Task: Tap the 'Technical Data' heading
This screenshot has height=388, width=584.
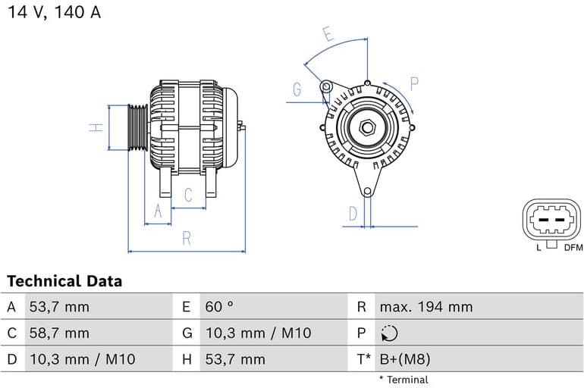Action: (64, 281)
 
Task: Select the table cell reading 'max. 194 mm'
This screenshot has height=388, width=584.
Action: (425, 307)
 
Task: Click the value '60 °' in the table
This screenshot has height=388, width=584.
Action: (219, 307)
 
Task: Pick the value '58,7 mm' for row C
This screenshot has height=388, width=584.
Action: (59, 333)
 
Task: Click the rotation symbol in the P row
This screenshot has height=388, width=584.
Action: (388, 333)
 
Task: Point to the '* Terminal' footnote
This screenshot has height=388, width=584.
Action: (403, 380)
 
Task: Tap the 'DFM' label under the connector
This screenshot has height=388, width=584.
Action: (573, 248)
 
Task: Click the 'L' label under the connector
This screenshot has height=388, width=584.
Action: (538, 248)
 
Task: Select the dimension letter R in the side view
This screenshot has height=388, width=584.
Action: (187, 238)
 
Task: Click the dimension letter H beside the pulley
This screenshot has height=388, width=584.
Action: (96, 127)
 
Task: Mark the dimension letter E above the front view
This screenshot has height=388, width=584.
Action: (328, 34)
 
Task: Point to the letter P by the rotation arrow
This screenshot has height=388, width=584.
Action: (414, 83)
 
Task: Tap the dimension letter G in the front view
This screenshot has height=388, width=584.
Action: (297, 90)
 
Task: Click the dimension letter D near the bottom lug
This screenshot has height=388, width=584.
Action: (353, 214)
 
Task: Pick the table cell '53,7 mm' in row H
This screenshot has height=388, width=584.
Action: (234, 359)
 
